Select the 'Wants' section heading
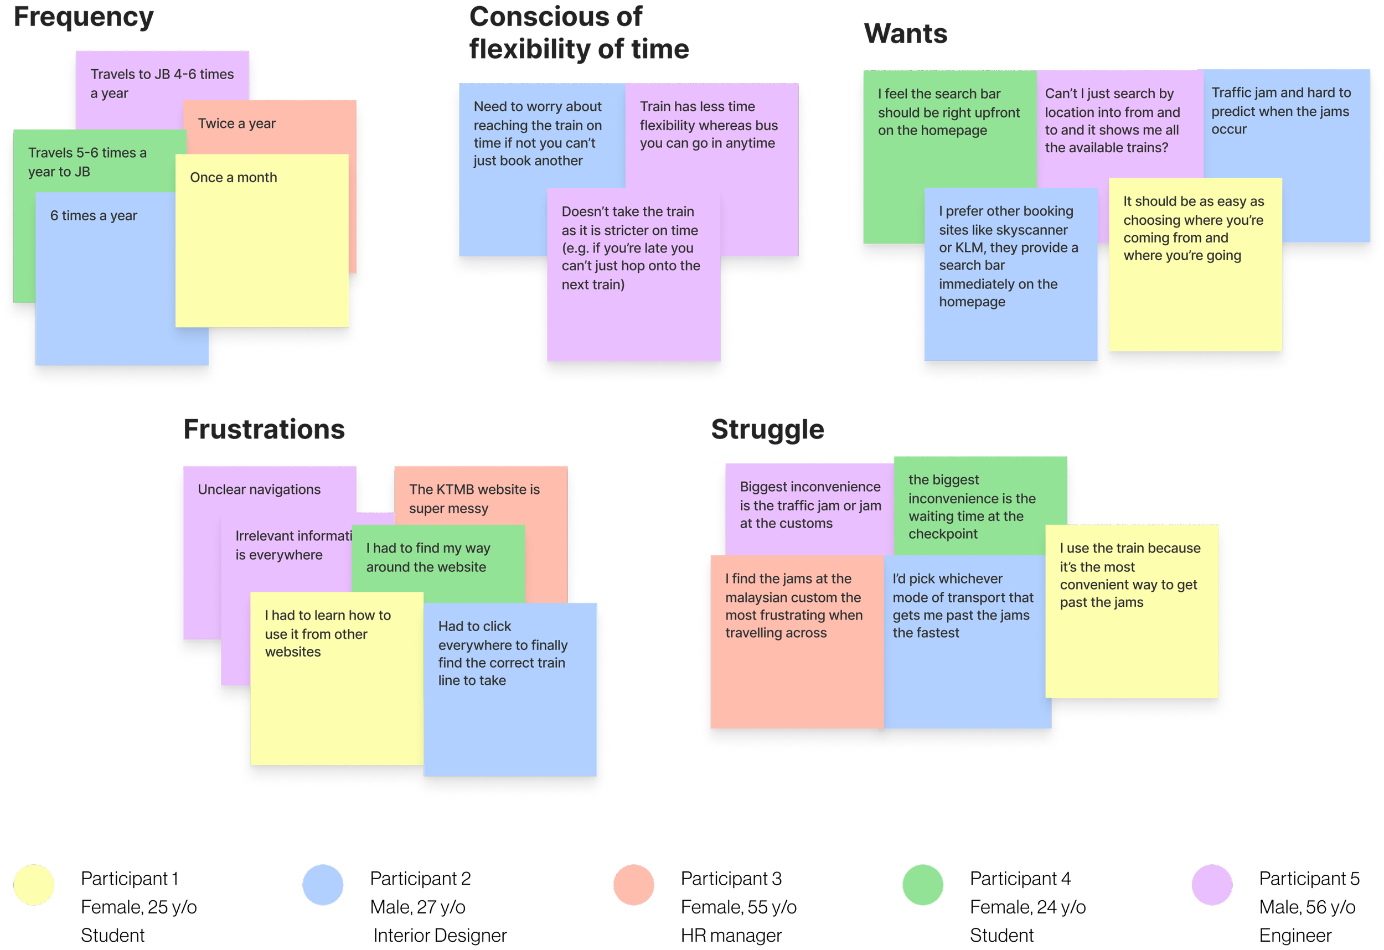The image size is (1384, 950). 905,34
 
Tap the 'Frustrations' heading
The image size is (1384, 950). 265,430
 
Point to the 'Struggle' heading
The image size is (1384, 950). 767,430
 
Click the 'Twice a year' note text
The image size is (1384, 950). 236,124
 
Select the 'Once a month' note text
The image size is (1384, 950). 234,178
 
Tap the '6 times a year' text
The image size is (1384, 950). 94,215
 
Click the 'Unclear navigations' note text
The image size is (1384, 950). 259,489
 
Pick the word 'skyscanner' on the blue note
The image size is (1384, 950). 1031,230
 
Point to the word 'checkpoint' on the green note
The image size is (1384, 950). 943,534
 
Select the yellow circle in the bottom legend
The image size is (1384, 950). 34,885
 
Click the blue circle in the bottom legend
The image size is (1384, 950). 323,885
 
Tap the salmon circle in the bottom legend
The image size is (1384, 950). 634,885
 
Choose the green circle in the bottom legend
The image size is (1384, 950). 922,885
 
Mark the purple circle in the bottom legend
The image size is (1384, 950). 1211,885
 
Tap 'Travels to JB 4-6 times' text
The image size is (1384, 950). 162,74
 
